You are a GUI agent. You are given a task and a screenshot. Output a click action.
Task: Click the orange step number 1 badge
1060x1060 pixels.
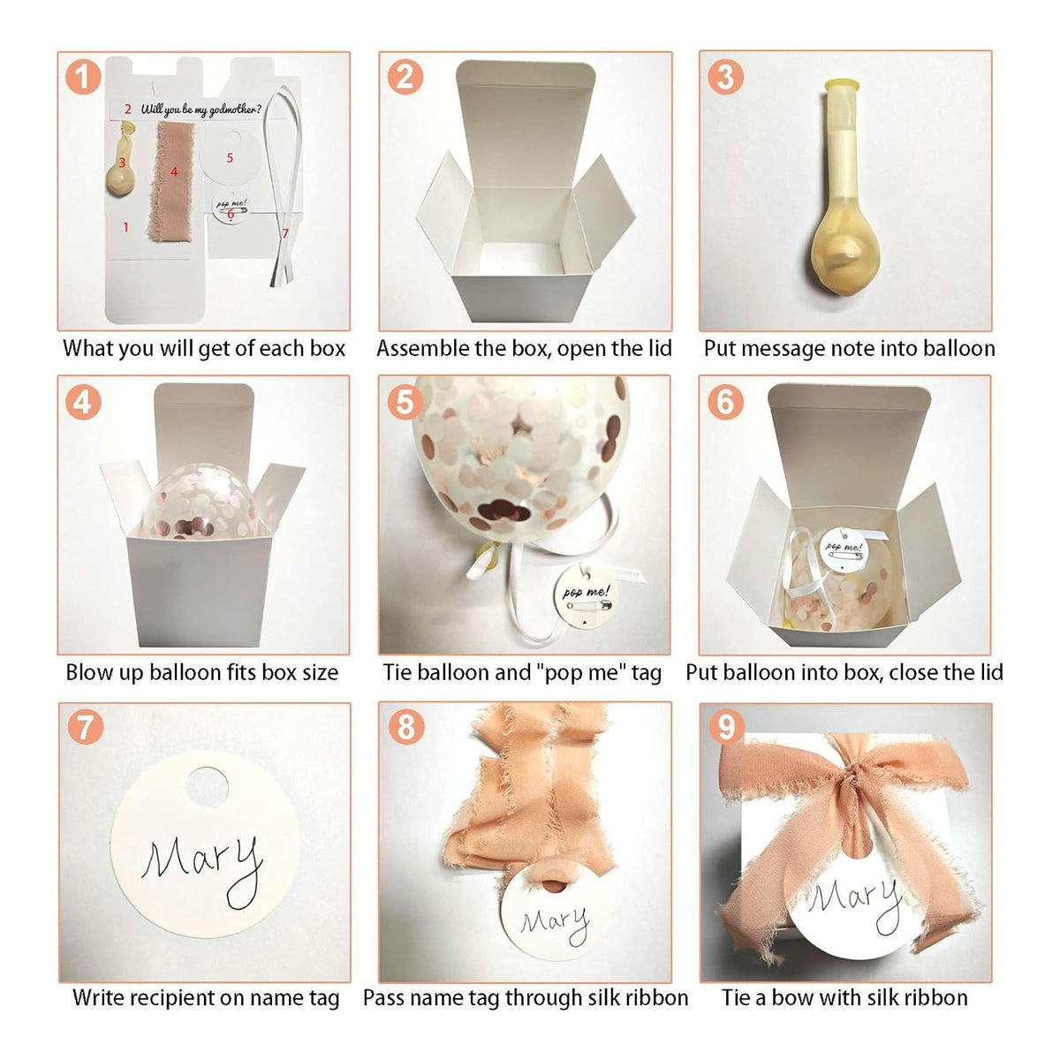click(x=83, y=77)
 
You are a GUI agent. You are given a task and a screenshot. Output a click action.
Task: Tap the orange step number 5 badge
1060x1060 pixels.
click(x=405, y=402)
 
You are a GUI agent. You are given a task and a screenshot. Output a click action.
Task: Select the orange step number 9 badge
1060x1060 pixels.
click(x=726, y=727)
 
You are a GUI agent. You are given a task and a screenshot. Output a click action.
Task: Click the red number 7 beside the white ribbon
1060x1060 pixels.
click(x=285, y=233)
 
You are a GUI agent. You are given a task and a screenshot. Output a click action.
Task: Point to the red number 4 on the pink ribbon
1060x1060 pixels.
click(x=174, y=172)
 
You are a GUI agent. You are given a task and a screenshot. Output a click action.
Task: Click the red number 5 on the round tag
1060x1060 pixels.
click(x=230, y=158)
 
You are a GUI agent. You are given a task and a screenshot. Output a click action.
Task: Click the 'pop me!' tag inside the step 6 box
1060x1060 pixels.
click(x=843, y=550)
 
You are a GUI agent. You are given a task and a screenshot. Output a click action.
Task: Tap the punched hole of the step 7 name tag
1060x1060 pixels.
click(x=207, y=787)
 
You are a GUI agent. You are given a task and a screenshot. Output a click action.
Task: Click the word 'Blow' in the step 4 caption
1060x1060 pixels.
click(x=86, y=671)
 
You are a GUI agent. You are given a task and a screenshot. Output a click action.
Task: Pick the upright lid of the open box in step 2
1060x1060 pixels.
click(x=526, y=124)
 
